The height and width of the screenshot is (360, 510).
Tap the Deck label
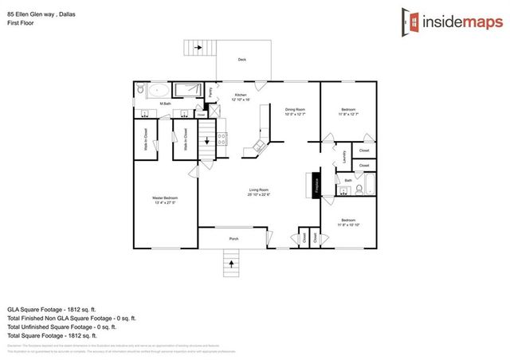(241, 60)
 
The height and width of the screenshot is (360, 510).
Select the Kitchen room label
(241, 95)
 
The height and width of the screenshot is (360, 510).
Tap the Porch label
(234, 238)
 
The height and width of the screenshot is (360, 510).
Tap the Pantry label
(211, 92)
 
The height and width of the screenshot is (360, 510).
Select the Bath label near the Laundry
(349, 181)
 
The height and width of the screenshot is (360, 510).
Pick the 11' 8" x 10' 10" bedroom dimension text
(349, 225)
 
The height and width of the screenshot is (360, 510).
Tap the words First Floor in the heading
(22, 23)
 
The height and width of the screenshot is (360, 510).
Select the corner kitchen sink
(257, 145)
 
